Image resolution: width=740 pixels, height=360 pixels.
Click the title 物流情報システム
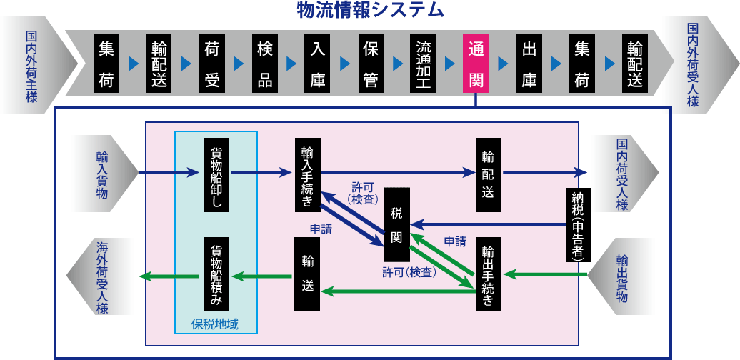coord(371,11)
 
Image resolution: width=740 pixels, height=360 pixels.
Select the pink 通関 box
coord(476,63)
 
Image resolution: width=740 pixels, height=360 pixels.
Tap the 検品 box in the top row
coord(264,63)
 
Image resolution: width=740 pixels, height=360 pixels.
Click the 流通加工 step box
coord(423,63)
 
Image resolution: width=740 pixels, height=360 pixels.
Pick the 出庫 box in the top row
coord(529,63)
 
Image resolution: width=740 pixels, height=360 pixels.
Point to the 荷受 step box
coord(211,63)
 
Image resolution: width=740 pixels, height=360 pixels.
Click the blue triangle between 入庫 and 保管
coord(344,63)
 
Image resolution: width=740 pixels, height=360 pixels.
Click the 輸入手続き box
coord(307,175)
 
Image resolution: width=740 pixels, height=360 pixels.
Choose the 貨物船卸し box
coord(216,174)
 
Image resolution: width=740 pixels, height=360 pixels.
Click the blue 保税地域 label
coord(215,324)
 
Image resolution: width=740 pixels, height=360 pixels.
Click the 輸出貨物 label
coord(622,276)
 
